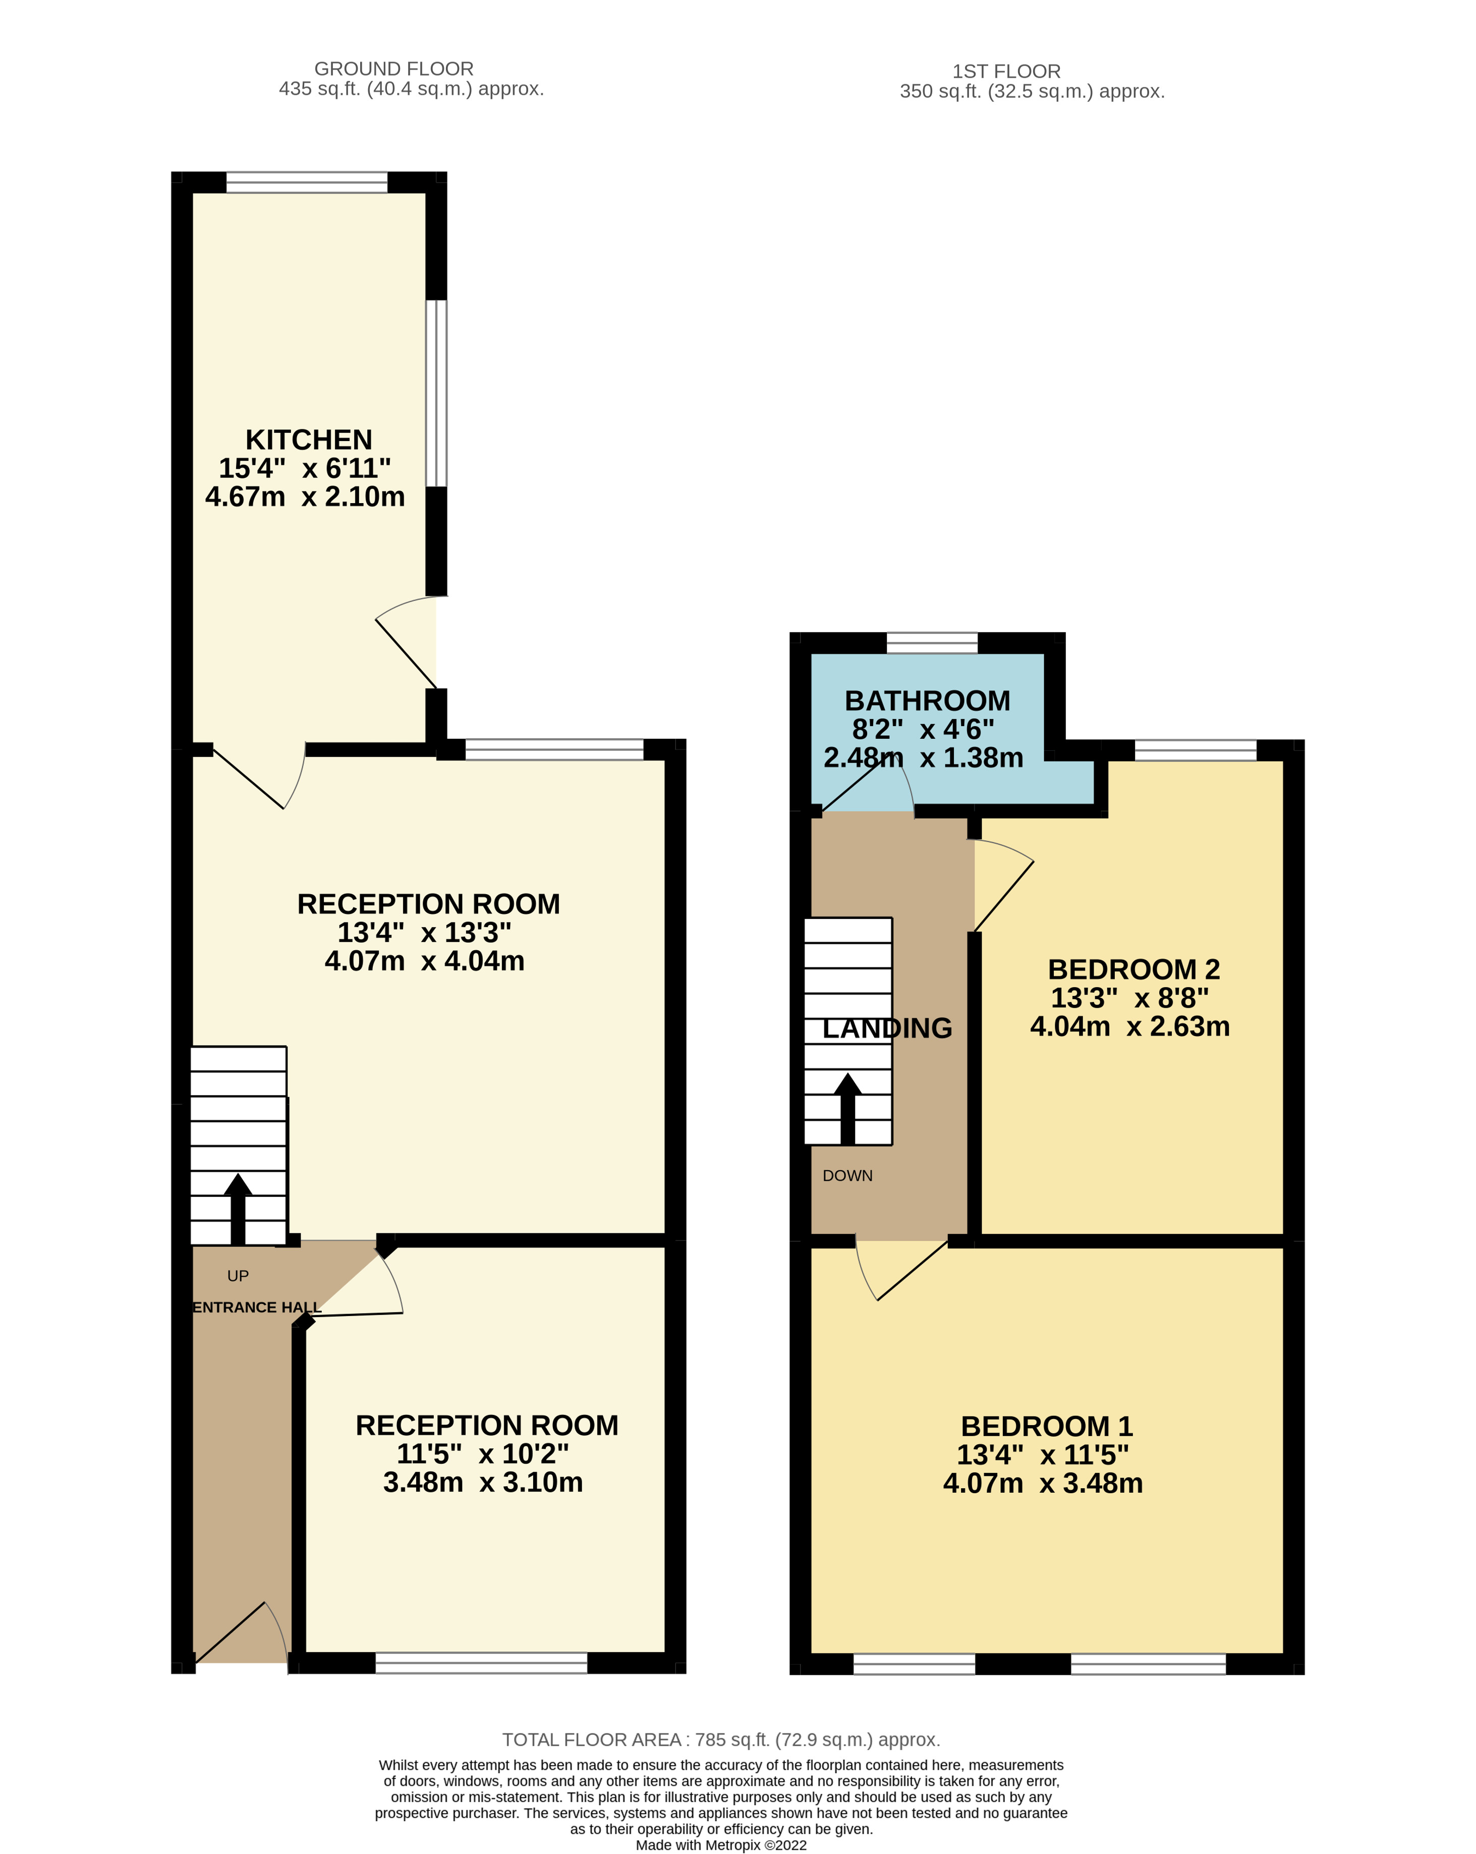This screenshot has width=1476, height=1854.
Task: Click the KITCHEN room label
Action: [309, 440]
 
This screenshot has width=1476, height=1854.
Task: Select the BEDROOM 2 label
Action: [1133, 969]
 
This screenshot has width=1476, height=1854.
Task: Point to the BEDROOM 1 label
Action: [1046, 1426]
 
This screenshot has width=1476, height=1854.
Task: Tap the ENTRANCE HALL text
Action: [256, 1307]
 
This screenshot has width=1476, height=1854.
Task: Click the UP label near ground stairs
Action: [238, 1275]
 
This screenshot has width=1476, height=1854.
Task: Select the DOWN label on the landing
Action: [847, 1175]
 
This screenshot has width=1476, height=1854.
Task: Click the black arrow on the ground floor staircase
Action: [238, 1208]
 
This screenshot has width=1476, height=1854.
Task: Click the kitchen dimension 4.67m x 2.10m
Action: [305, 496]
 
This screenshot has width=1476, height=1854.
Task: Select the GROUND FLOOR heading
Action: [393, 69]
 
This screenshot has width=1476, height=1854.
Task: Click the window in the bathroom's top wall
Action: [932, 643]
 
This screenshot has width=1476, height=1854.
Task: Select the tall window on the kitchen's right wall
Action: [437, 393]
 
